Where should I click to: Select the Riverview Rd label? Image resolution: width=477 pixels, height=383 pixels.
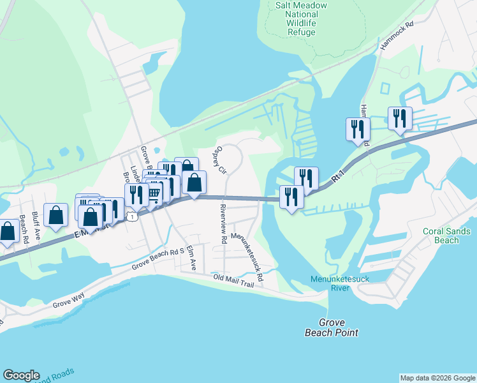(x=223, y=223)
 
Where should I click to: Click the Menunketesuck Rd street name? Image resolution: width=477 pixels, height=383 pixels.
(x=247, y=257)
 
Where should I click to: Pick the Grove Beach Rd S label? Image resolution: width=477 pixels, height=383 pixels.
(x=158, y=258)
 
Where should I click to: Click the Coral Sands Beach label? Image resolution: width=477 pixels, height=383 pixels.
(x=446, y=236)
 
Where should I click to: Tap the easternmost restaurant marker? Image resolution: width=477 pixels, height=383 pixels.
(x=400, y=118)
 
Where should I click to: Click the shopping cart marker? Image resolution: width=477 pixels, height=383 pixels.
(x=154, y=193)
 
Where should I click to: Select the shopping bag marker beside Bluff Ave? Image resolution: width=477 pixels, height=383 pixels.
(x=56, y=215)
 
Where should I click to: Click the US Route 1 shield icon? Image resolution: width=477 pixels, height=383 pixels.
(x=132, y=216)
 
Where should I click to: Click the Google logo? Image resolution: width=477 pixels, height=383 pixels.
(x=21, y=375)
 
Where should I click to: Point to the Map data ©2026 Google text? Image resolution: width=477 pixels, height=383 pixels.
(x=437, y=378)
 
